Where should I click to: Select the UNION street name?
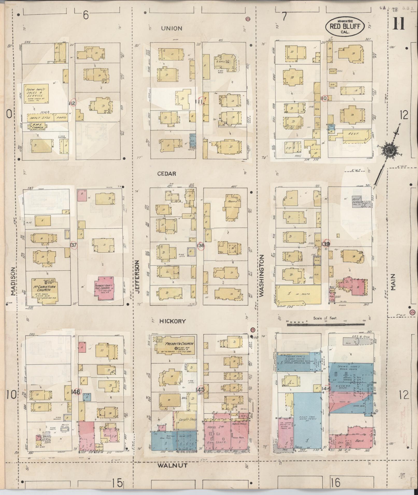click(x=172, y=28)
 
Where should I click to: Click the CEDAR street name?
click(x=167, y=174)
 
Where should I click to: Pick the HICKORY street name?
click(x=172, y=321)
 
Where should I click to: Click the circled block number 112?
click(x=73, y=103)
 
